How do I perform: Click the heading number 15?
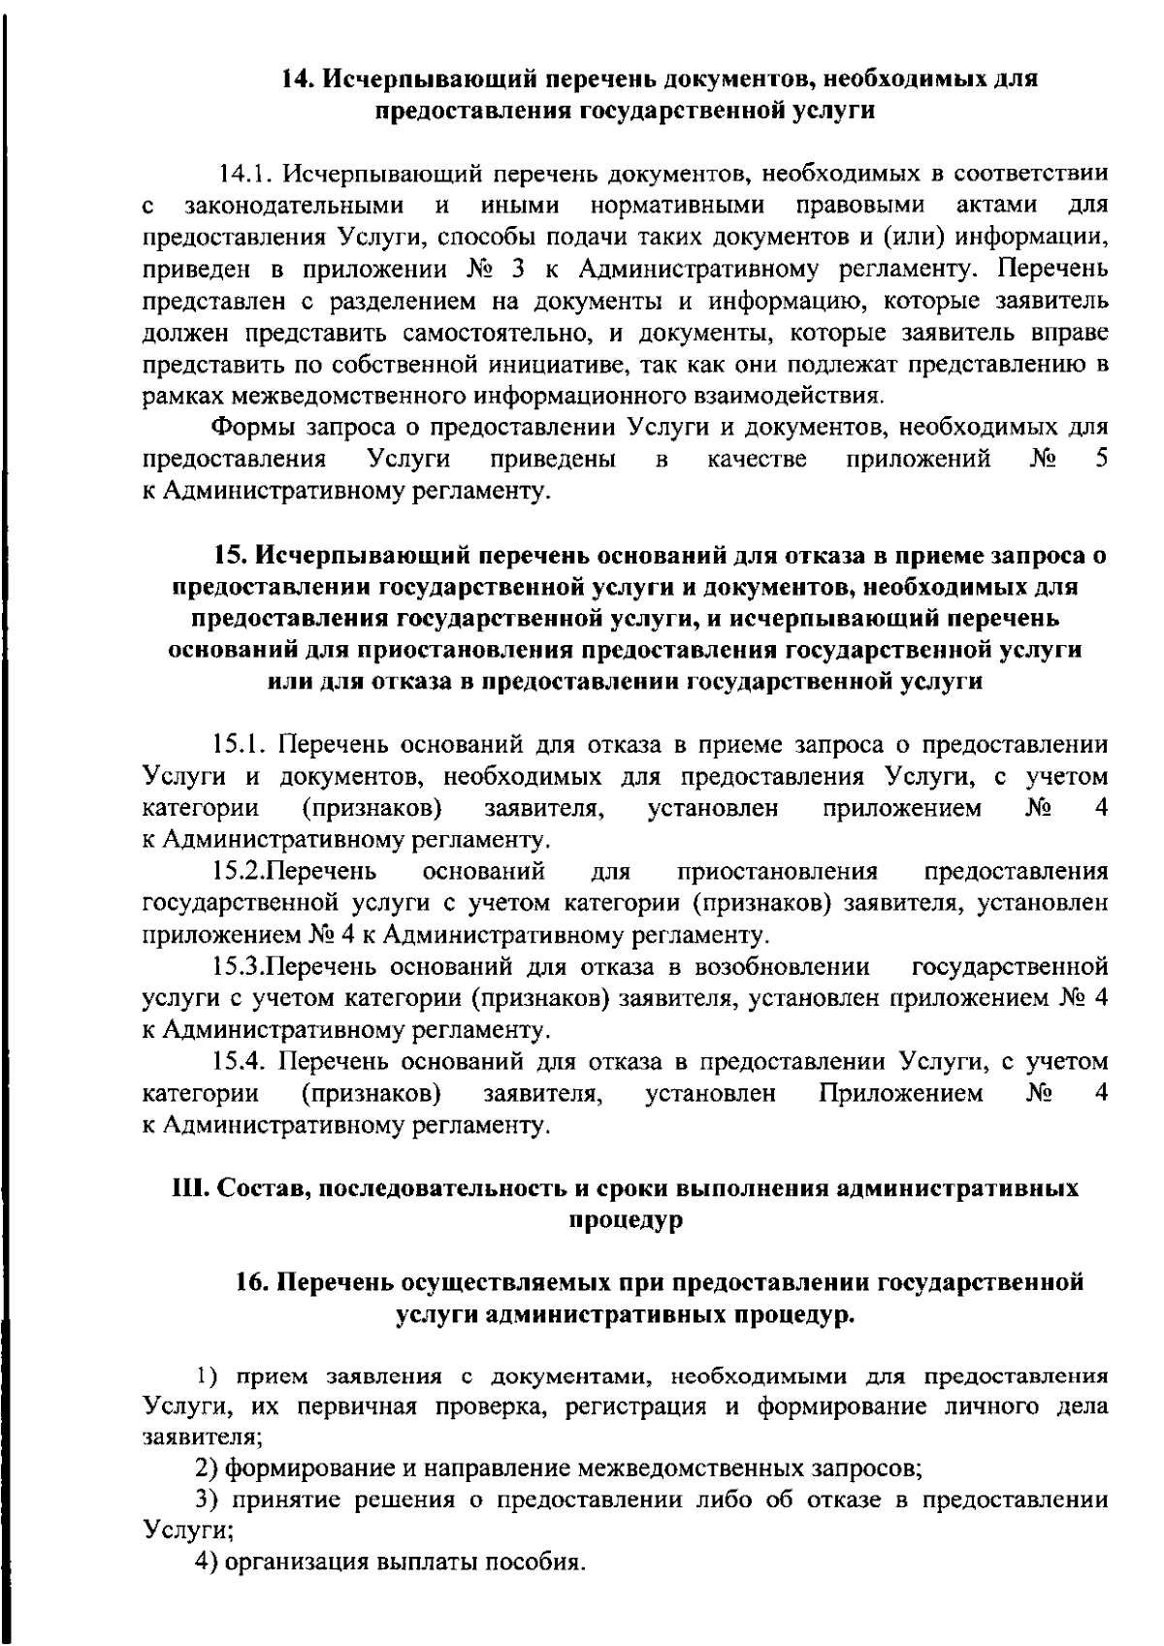point(231,556)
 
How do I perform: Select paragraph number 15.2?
point(238,871)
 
